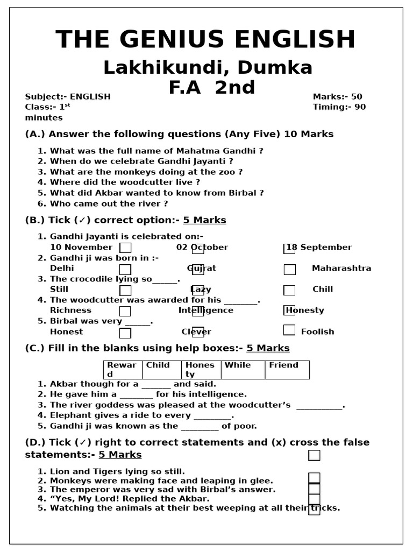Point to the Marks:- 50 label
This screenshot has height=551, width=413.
coord(337,97)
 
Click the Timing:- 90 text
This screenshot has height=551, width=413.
coord(339,107)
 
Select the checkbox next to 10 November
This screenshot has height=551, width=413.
coord(125,248)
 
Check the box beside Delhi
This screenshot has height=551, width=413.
coord(125,269)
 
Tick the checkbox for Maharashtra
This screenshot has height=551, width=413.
coord(289,269)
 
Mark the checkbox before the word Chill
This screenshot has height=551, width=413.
coord(289,290)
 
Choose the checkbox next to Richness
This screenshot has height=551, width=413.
coord(125,311)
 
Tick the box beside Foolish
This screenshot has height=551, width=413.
coord(289,330)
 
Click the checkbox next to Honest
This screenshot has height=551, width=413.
coord(125,333)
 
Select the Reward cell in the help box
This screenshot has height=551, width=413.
coord(122,370)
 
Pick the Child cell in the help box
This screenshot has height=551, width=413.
coord(161,370)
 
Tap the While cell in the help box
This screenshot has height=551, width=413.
coord(242,370)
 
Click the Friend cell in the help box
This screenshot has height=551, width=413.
coord(287,370)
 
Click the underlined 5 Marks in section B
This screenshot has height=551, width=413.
coord(204,221)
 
